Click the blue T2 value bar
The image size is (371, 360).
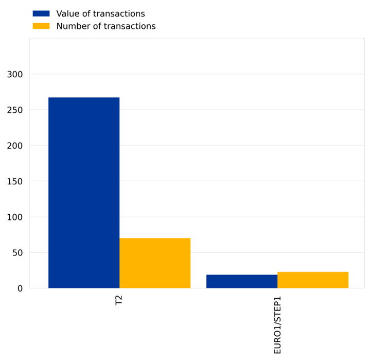click(x=84, y=193)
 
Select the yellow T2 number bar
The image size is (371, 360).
click(x=155, y=263)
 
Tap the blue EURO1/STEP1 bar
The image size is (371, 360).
click(x=242, y=281)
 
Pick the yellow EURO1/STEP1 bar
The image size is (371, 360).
click(x=313, y=280)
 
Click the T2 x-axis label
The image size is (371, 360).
click(x=119, y=300)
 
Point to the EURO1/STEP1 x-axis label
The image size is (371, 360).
click(x=277, y=325)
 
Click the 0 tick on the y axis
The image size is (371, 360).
click(x=20, y=288)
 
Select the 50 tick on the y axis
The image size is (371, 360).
click(x=17, y=253)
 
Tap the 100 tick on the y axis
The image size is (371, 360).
click(x=15, y=217)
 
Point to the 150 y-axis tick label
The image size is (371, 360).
click(x=15, y=181)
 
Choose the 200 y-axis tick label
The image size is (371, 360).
click(x=15, y=146)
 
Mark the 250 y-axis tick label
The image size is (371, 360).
click(x=15, y=110)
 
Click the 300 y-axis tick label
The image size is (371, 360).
click(x=15, y=74)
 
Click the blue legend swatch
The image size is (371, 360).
click(x=41, y=14)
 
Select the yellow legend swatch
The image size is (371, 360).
click(x=41, y=26)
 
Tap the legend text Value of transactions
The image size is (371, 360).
click(x=100, y=14)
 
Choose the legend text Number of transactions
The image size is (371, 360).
click(x=105, y=26)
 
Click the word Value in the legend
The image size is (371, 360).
click(x=67, y=14)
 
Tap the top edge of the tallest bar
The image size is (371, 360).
click(x=84, y=98)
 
